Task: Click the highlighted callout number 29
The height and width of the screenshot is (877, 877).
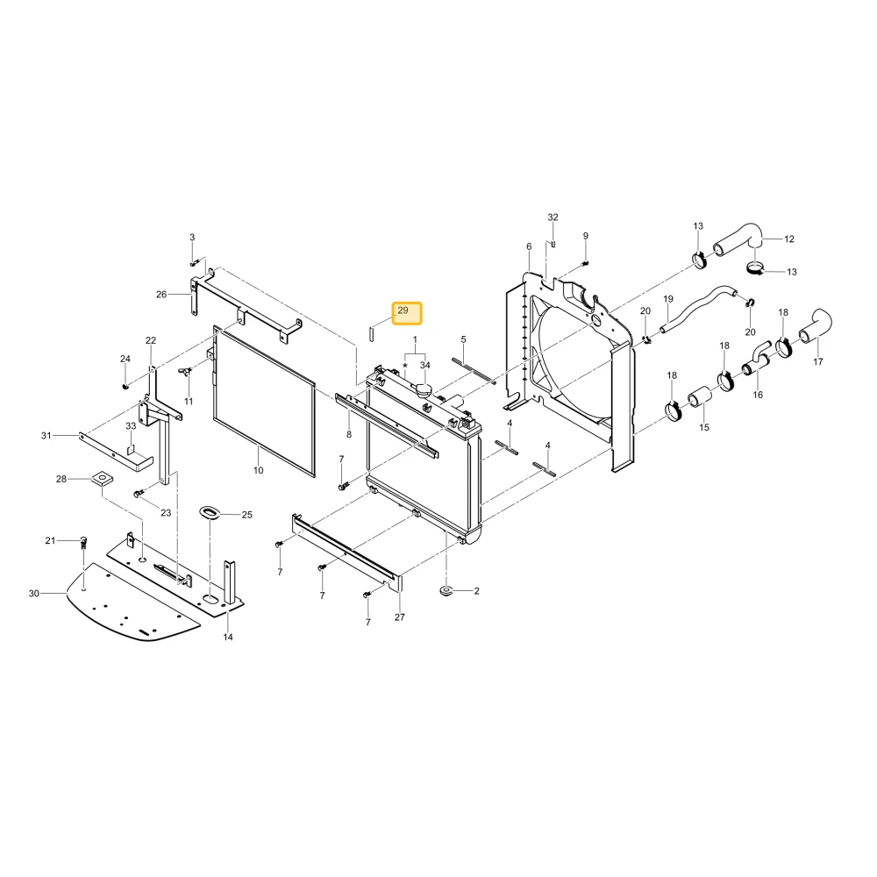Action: pyautogui.click(x=403, y=310)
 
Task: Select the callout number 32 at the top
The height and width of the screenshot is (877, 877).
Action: pyautogui.click(x=553, y=217)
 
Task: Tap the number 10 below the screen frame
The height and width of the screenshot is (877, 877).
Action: pyautogui.click(x=259, y=470)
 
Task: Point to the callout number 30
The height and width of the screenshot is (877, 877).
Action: pyautogui.click(x=34, y=594)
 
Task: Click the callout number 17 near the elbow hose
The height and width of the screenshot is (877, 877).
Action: pyautogui.click(x=817, y=362)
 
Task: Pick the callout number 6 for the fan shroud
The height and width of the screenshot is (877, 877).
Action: pyautogui.click(x=529, y=246)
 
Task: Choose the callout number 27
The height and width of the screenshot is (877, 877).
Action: pyautogui.click(x=399, y=617)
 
